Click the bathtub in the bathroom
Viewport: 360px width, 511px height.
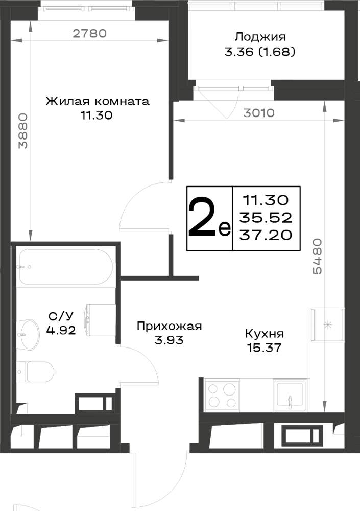click(x=65, y=267)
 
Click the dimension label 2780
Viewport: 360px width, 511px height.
click(x=89, y=33)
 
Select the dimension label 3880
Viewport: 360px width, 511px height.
click(x=23, y=131)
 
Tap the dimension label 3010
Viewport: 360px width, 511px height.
click(x=259, y=113)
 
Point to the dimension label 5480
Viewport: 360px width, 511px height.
click(x=317, y=256)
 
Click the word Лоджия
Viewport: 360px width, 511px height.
click(x=260, y=37)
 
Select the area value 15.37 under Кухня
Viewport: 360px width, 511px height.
click(x=264, y=347)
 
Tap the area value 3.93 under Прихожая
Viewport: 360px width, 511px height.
click(x=169, y=340)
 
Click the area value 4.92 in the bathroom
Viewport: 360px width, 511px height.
click(x=61, y=331)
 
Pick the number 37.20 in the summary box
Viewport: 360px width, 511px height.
click(x=266, y=235)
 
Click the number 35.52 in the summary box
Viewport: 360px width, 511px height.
click(x=266, y=217)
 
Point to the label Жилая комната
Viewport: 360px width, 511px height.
click(x=98, y=101)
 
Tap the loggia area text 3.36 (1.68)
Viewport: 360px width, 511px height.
click(x=260, y=52)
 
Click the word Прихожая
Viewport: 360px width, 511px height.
click(x=170, y=326)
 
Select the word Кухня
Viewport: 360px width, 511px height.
click(x=264, y=334)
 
